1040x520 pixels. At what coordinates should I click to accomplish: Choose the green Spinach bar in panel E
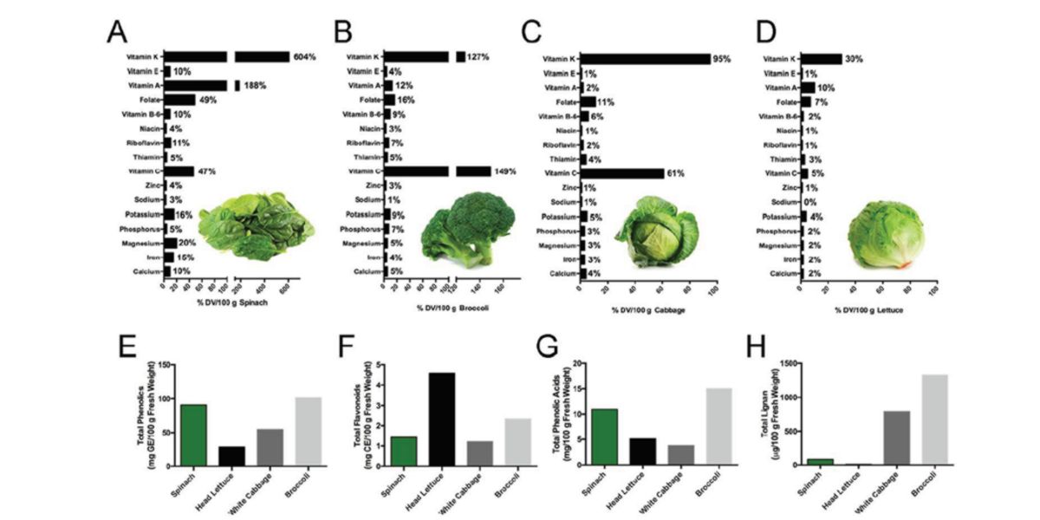tap(193, 434)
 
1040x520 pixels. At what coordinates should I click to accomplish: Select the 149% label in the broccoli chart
tap(504, 172)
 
